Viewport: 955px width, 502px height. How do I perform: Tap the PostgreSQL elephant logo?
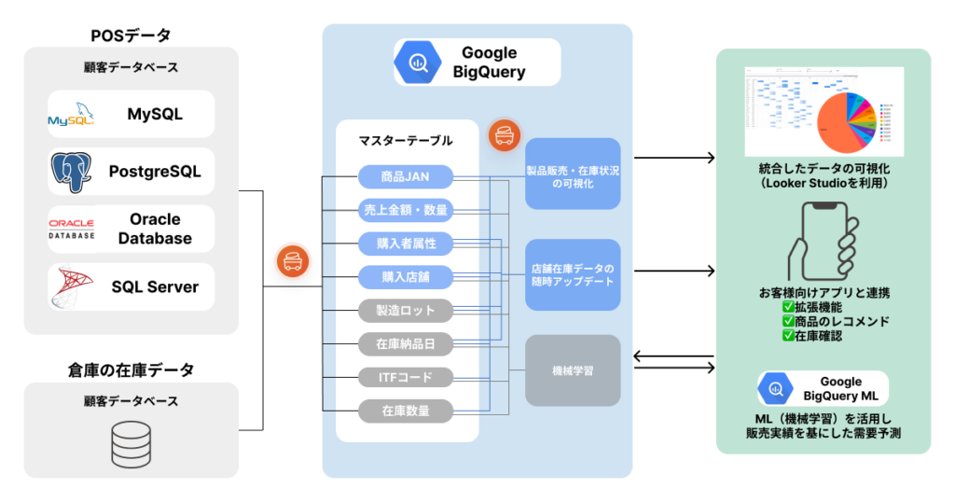tap(72, 172)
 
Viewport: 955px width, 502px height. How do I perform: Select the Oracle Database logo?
tap(72, 230)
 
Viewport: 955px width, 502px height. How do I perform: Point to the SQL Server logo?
tap(72, 286)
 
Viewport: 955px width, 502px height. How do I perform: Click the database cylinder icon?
tap(131, 439)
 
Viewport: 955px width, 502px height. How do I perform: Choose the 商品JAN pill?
tap(406, 176)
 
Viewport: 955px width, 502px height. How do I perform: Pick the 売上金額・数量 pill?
tap(406, 210)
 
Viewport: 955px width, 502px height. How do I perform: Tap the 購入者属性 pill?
tap(406, 244)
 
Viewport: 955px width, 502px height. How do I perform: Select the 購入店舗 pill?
tap(406, 276)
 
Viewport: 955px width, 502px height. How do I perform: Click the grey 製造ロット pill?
tap(406, 310)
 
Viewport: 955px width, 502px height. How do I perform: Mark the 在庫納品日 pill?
tap(406, 343)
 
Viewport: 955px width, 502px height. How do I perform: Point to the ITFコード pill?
tap(406, 377)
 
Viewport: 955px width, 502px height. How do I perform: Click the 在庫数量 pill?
tap(406, 410)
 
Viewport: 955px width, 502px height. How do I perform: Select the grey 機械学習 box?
tap(573, 370)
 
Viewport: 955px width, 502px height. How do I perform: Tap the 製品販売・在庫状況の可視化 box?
tap(573, 174)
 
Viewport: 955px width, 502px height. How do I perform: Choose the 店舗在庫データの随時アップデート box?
tap(573, 275)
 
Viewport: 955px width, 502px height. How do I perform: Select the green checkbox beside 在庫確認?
tap(788, 335)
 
